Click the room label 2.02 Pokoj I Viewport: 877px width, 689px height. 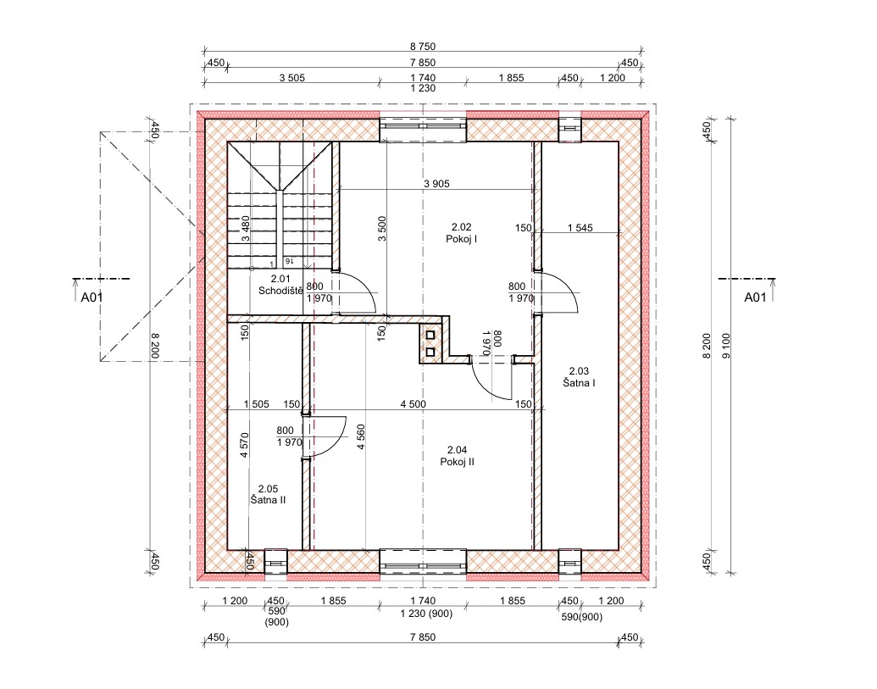coord(462,233)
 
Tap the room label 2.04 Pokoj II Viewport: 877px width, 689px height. coord(457,456)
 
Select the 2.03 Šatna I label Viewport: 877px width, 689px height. coord(579,377)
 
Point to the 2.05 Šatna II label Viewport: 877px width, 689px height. coord(268,494)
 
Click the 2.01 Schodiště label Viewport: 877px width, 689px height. coord(280,285)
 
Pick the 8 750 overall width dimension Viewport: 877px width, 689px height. coord(422,47)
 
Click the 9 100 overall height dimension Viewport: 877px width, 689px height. coord(726,346)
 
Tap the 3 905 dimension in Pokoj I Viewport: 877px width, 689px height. coord(436,183)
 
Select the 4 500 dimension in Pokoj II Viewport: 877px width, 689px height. coord(413,403)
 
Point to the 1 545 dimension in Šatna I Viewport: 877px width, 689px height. coord(580,228)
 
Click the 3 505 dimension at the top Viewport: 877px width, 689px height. coord(292,78)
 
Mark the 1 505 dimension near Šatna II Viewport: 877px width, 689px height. coord(256,403)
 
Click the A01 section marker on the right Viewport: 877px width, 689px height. coord(755,297)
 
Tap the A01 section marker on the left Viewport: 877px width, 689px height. coord(92,297)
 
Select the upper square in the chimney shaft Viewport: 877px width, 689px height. coord(430,336)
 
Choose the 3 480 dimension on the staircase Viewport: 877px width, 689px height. coord(245,228)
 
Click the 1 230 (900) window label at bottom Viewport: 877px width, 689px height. coord(426,614)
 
